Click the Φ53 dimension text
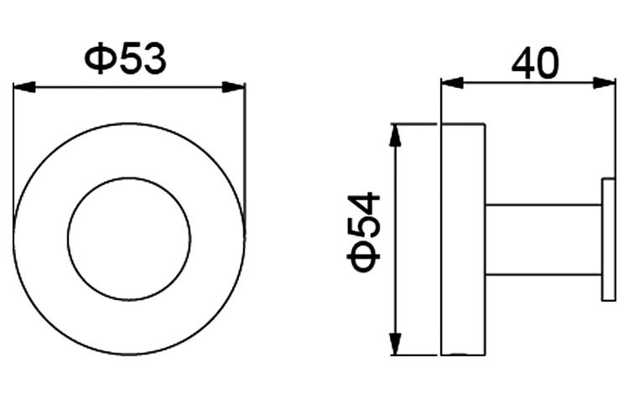[125, 59]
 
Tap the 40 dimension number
[535, 64]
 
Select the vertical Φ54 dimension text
[363, 232]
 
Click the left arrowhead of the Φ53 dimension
[24, 87]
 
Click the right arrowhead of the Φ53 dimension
[234, 87]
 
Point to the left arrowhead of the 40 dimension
[452, 83]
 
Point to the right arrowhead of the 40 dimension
[604, 83]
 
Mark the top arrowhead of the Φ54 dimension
[396, 136]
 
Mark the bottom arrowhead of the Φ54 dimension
[396, 344]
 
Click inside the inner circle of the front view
[129, 239]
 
